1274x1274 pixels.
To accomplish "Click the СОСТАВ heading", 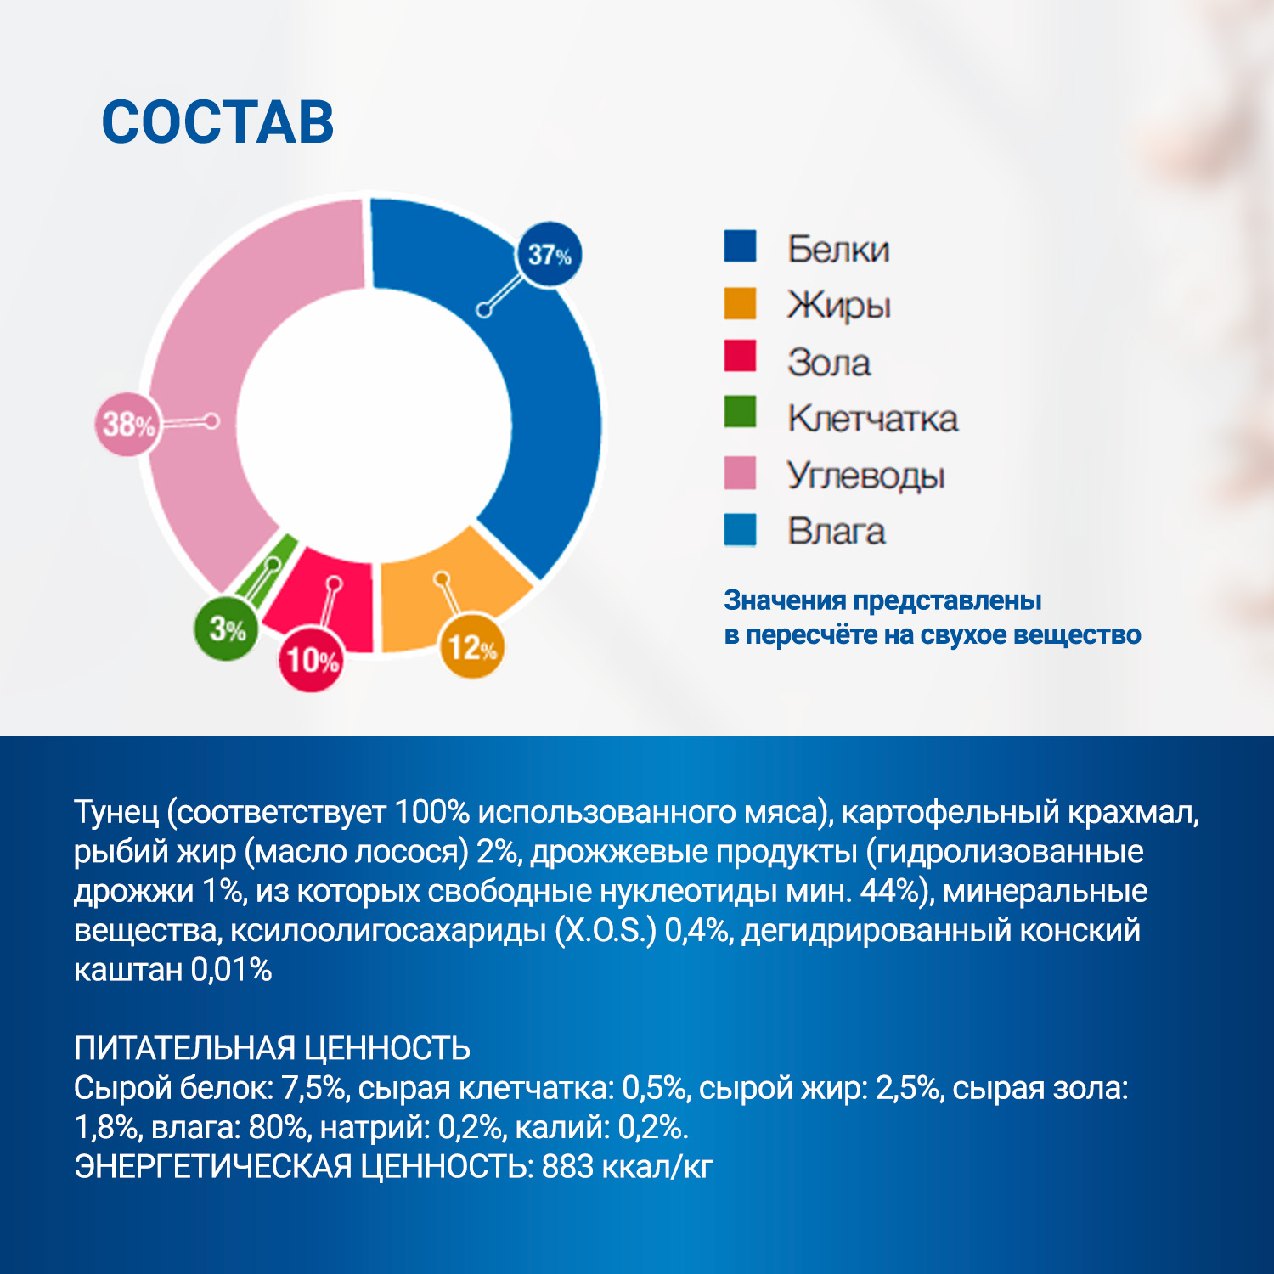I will (217, 122).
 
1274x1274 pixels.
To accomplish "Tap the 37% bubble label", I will (549, 255).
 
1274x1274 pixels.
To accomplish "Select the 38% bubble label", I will (127, 424).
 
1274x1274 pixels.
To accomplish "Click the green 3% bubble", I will (226, 629).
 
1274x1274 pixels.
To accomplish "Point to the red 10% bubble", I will (312, 660).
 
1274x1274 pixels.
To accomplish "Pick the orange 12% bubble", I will (471, 647).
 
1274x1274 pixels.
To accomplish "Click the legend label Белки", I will (838, 249).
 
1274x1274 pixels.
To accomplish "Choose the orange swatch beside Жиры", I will (740, 303).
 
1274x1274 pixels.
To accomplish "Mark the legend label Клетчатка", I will (872, 418).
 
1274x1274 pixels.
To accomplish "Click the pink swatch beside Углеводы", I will (740, 473).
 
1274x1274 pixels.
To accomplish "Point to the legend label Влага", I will (836, 531).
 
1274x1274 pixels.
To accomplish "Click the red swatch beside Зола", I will (740, 357).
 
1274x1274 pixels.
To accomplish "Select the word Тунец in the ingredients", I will (116, 812).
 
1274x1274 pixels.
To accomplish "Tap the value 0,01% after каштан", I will (231, 969).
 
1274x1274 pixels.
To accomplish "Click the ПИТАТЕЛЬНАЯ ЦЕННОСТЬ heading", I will (272, 1048).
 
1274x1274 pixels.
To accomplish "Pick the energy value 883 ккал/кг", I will (627, 1166).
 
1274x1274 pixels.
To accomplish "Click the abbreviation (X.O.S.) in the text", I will (606, 930).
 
